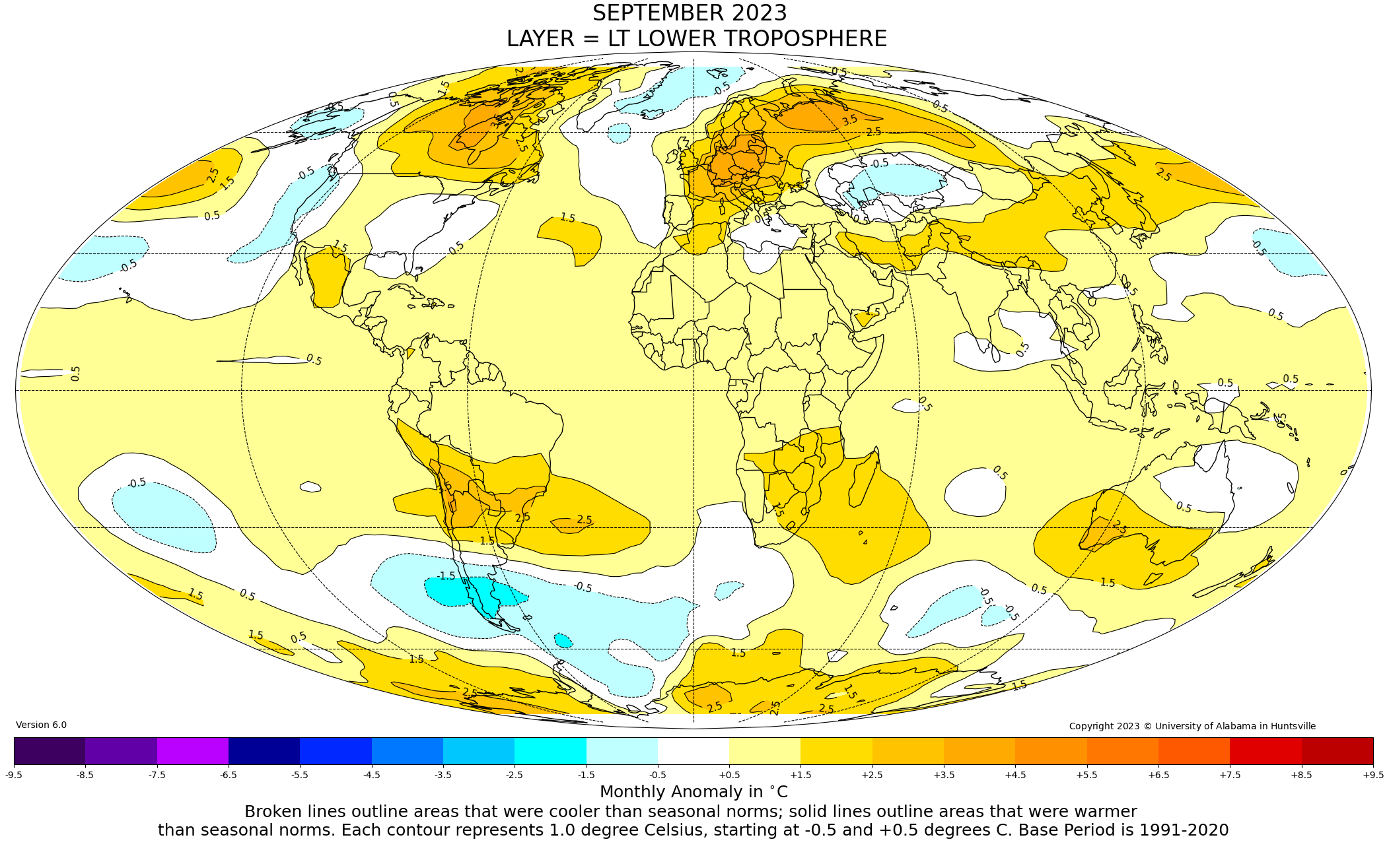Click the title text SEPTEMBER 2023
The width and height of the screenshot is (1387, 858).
[x=690, y=13]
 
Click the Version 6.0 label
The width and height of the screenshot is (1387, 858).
[x=41, y=725]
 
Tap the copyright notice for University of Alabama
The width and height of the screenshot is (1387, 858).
[x=1192, y=726]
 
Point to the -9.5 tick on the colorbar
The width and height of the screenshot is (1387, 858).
[x=14, y=775]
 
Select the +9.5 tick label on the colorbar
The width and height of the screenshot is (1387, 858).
[x=1372, y=775]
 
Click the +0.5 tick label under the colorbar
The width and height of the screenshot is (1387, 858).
[x=729, y=775]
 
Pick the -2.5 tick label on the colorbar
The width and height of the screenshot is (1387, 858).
[x=515, y=775]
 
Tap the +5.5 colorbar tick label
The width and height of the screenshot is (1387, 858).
[x=1086, y=775]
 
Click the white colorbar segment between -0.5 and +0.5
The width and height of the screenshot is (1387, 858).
[x=693, y=750]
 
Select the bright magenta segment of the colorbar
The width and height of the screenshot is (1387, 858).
[x=193, y=750]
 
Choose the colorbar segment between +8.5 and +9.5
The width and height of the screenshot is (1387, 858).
[x=1337, y=750]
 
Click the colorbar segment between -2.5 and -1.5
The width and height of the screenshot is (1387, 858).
[x=550, y=750]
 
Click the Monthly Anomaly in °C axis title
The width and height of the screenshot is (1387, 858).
[x=693, y=792]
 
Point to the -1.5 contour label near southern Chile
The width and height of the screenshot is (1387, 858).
[x=446, y=576]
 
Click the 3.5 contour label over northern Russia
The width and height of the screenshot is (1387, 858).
[x=850, y=120]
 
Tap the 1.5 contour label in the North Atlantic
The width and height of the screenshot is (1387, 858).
[x=567, y=218]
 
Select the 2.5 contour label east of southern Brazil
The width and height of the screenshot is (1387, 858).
[x=585, y=520]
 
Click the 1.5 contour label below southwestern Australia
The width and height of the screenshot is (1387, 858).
[x=1108, y=583]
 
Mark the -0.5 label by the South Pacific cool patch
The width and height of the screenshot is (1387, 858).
[x=137, y=484]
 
